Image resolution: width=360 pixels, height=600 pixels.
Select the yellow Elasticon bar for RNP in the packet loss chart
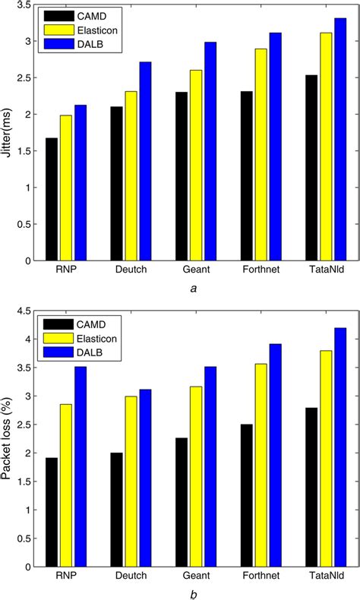pos(66,485)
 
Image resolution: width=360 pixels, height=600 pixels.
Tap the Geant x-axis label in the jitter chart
pos(196,270)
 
